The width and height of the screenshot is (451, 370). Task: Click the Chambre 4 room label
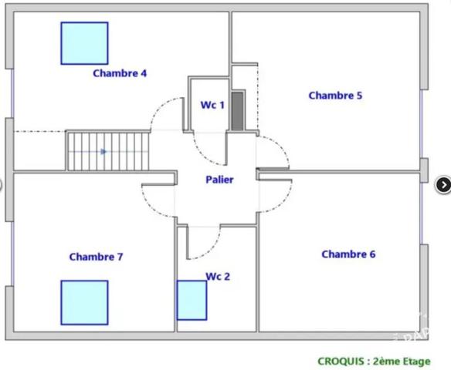pos(120,73)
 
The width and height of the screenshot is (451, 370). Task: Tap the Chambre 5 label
pos(335,96)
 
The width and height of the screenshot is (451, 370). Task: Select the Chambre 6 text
pos(348,254)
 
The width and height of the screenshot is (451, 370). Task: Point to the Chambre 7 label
pos(96,257)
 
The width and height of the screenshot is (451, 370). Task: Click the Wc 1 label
pos(212,105)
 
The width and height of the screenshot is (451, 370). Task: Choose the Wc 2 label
pos(218,277)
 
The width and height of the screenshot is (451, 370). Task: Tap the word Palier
pos(219,180)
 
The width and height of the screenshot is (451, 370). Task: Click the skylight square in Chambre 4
pos(85,43)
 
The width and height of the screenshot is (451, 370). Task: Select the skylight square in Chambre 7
pos(85,303)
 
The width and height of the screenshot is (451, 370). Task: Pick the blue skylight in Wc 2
pos(192,301)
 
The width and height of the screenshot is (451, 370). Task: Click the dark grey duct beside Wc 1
pos(238,111)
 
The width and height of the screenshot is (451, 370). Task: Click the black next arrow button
pos(443,185)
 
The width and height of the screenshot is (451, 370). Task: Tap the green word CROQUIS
pos(341,361)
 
